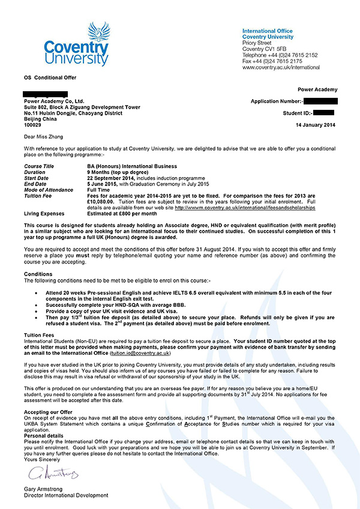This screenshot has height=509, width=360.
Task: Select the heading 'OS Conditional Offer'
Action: coord(50,78)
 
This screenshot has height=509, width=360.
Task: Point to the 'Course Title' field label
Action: coord(39,166)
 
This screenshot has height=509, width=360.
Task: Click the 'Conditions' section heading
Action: coord(38,274)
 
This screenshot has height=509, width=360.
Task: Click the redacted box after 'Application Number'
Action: coord(320,101)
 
